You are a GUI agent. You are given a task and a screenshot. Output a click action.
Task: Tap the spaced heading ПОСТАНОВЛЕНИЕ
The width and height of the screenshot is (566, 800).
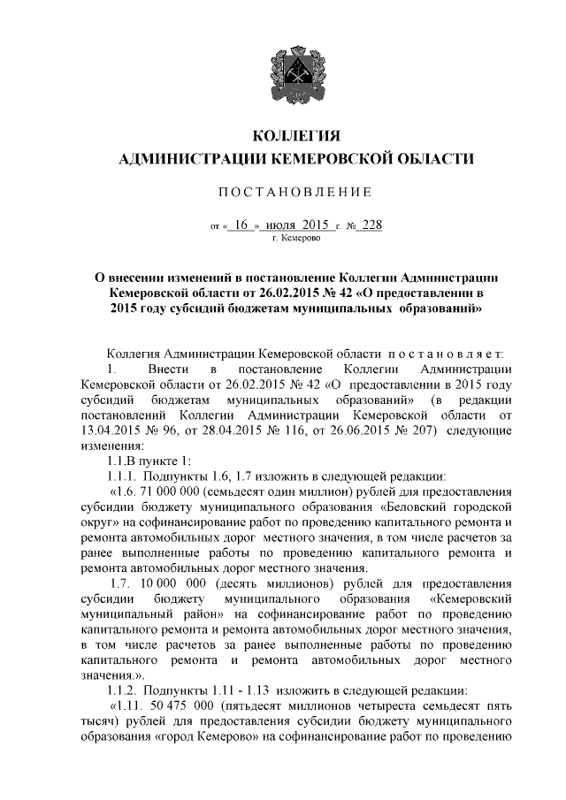283,192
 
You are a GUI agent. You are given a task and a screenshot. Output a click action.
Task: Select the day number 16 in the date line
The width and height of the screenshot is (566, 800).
241,225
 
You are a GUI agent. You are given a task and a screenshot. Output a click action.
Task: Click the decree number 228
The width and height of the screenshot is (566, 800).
370,225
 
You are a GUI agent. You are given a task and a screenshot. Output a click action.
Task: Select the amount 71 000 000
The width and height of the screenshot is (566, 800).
172,491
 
